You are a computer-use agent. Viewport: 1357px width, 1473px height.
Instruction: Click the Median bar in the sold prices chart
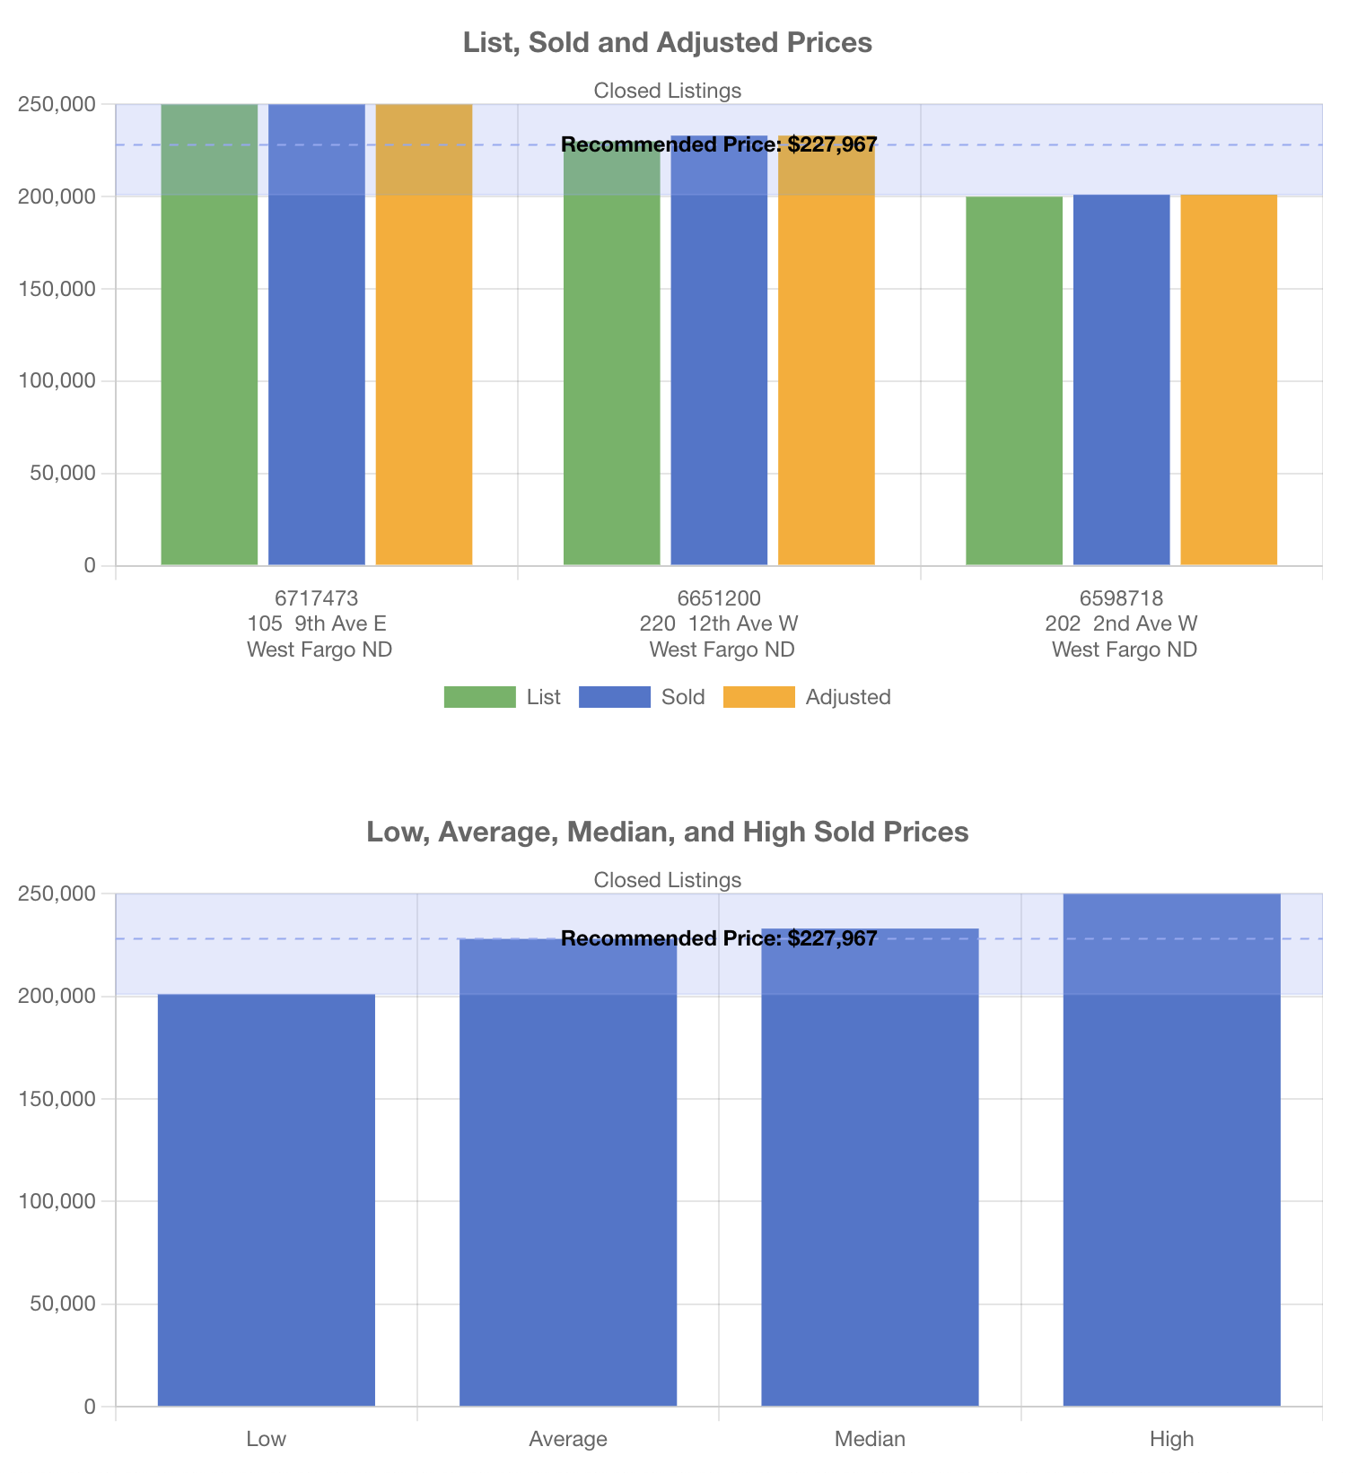click(x=870, y=1166)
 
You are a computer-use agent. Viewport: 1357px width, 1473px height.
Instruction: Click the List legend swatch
click(x=479, y=697)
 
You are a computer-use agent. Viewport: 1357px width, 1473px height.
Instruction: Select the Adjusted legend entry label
click(x=848, y=697)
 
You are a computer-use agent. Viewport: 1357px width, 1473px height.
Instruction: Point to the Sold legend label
click(x=683, y=697)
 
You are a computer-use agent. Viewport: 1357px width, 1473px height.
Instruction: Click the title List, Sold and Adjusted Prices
click(x=668, y=42)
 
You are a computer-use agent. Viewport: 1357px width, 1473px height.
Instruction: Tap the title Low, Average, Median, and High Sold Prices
click(x=668, y=832)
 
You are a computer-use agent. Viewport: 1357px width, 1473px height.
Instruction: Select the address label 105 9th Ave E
click(x=318, y=623)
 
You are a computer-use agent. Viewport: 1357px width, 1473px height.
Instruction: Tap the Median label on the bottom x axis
click(x=870, y=1439)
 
